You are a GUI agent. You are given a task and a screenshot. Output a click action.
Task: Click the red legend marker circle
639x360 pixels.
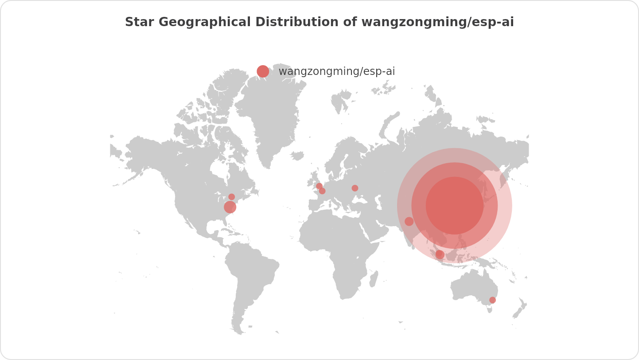(263, 71)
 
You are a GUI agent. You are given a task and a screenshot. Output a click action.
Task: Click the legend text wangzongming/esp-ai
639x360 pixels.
(336, 71)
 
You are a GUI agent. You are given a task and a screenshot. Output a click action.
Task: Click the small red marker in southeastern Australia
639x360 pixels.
(492, 300)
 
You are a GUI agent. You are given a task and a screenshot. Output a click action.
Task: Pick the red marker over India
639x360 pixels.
(409, 221)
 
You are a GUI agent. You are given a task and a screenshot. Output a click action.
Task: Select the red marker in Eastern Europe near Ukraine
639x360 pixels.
(355, 188)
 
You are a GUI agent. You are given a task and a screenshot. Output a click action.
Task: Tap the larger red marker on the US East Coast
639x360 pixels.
(230, 207)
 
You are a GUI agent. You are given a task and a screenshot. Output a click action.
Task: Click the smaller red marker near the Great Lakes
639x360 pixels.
(231, 197)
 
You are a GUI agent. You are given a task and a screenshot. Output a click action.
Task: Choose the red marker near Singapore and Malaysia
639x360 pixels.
(440, 254)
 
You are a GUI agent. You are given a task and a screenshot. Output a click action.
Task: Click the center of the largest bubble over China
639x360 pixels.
(455, 206)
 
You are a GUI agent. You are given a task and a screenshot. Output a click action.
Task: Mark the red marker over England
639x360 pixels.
(319, 186)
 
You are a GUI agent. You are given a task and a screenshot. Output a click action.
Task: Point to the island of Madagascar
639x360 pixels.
(374, 279)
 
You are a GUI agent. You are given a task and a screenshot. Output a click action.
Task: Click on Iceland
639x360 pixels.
(297, 156)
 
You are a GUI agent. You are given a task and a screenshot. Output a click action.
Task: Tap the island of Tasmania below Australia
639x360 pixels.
(490, 310)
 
